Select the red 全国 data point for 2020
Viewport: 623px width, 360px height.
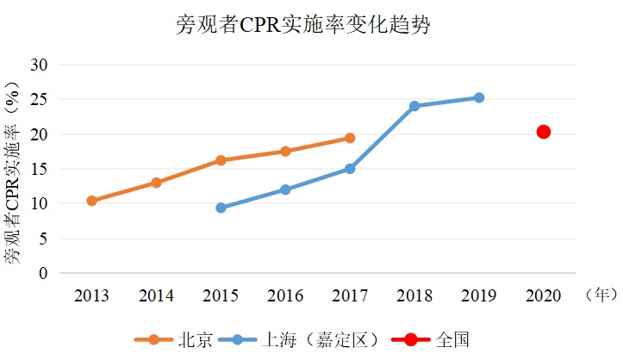pos(544,132)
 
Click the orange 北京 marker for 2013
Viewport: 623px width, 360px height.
pos(91,201)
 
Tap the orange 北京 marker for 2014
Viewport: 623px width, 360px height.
pos(156,183)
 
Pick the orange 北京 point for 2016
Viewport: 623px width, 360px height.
pos(285,152)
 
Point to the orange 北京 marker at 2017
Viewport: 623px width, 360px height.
pos(350,138)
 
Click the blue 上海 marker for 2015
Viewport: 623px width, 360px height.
pos(221,208)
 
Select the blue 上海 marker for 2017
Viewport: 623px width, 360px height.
pos(350,169)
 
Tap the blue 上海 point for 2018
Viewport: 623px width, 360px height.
pos(414,106)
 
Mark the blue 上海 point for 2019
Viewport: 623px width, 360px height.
pos(479,97)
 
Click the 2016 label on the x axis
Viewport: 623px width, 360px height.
pos(285,296)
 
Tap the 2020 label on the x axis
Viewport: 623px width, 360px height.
pos(544,296)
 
